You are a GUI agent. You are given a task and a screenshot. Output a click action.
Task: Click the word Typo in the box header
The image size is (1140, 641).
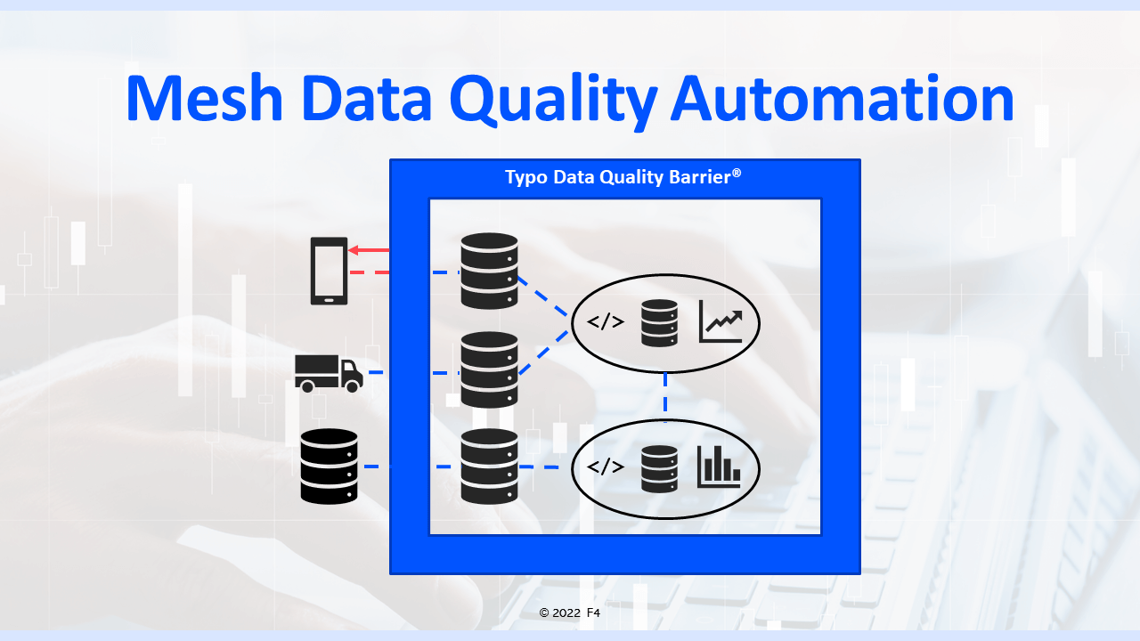pyautogui.click(x=526, y=177)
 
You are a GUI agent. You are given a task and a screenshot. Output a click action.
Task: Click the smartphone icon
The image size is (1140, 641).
pyautogui.click(x=329, y=271)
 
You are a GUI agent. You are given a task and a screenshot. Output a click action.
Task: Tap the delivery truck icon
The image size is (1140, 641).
pyautogui.click(x=329, y=373)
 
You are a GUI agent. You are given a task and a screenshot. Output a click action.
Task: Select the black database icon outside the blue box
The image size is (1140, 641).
pyautogui.click(x=329, y=467)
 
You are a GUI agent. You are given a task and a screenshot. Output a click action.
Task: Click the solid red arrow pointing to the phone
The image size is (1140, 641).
pyautogui.click(x=369, y=251)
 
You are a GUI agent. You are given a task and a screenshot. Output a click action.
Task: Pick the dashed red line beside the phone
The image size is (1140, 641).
pyautogui.click(x=370, y=272)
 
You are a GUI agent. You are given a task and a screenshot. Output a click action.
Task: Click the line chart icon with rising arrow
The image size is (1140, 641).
pyautogui.click(x=721, y=322)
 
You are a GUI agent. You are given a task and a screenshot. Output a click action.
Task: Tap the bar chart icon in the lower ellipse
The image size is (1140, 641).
pyautogui.click(x=719, y=467)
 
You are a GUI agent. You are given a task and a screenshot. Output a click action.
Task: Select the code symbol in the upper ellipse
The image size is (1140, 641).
pyautogui.click(x=606, y=322)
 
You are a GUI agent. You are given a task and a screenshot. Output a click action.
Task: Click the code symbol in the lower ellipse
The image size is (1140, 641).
pyautogui.click(x=606, y=467)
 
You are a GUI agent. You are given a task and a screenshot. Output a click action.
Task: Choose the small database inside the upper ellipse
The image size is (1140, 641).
pyautogui.click(x=659, y=322)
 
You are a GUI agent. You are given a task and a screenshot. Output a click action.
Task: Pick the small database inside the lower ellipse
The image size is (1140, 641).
pyautogui.click(x=659, y=468)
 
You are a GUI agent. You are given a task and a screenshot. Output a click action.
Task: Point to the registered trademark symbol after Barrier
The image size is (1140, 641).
pyautogui.click(x=737, y=174)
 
